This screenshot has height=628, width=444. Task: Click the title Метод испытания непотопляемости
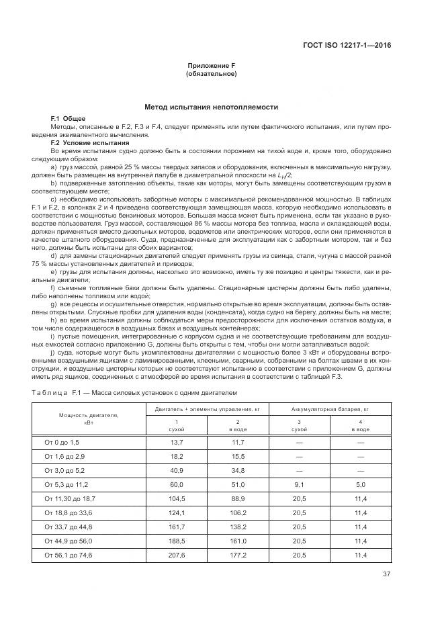tap(211, 107)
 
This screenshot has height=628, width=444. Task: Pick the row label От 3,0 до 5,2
tap(62, 469)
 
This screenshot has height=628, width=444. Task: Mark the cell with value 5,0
tap(360, 484)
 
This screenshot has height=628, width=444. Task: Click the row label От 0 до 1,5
tap(61, 442)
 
